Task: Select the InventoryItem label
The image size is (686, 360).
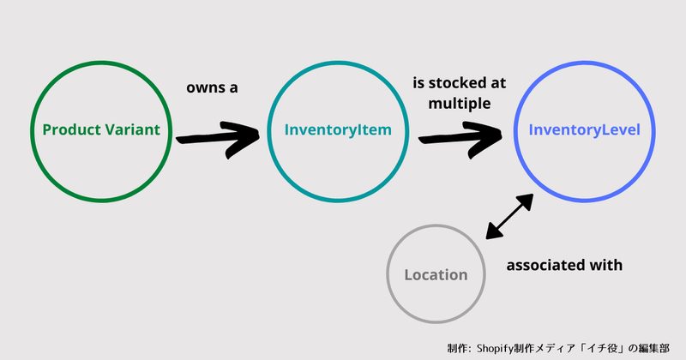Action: pos(338,130)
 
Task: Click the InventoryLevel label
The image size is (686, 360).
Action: pos(584,130)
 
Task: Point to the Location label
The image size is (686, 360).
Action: pos(436,274)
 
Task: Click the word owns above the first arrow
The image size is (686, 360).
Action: pos(202,88)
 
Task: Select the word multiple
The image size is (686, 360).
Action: pos(460,104)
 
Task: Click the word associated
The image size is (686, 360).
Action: pos(545,265)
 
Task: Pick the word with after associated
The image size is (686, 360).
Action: pos(605,265)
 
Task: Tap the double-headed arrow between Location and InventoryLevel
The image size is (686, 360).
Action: pos(509,217)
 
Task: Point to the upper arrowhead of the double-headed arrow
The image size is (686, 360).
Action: pos(526,201)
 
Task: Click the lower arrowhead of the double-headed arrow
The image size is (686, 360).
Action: pos(493,231)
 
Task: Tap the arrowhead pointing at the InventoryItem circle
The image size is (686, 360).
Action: pos(242,139)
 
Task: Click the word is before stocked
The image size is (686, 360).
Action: pos(418,82)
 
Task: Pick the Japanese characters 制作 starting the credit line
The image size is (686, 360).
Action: pos(458,349)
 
